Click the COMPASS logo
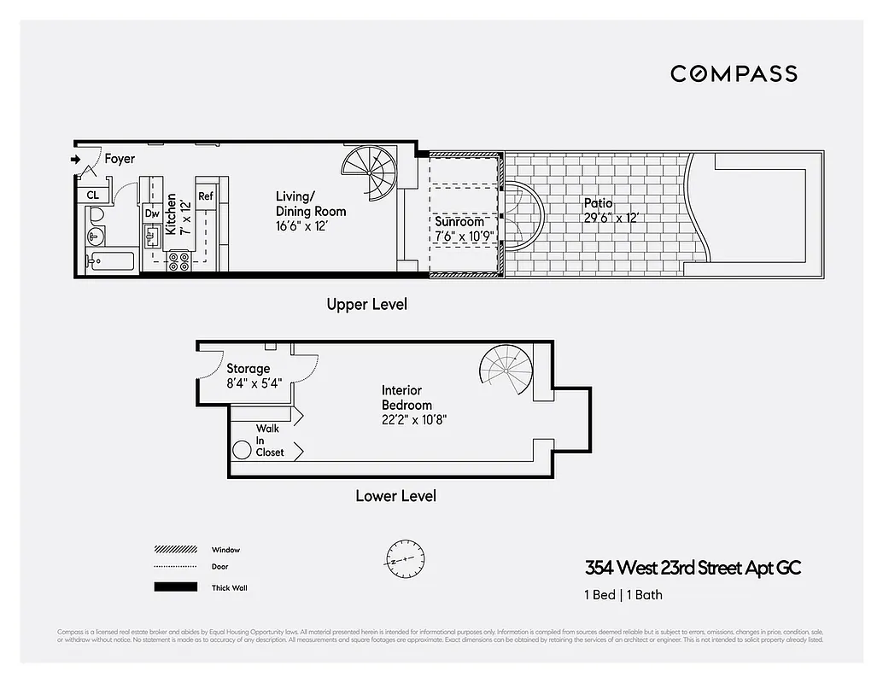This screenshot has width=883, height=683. click(x=734, y=73)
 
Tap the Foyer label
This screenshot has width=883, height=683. click(x=120, y=159)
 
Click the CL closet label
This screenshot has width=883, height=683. click(x=92, y=196)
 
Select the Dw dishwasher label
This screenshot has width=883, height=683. click(x=152, y=213)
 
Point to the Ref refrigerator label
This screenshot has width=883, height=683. click(x=206, y=196)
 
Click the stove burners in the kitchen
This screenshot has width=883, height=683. click(x=178, y=260)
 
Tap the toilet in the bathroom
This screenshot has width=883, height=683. click(x=95, y=214)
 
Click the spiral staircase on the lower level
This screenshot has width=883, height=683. click(x=506, y=371)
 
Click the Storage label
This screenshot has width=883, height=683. click(x=248, y=369)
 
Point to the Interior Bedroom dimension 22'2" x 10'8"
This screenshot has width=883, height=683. click(x=414, y=419)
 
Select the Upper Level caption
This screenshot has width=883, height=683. click(x=366, y=304)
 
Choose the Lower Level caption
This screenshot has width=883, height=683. click(x=395, y=495)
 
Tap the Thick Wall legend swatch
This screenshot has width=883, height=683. click(x=174, y=587)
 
